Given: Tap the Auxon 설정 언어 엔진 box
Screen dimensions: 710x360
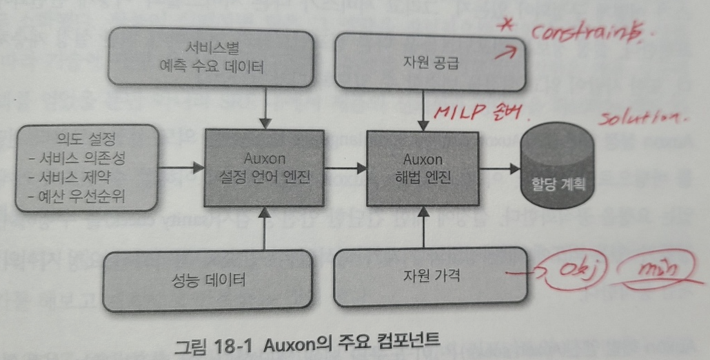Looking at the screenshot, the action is coord(264,168).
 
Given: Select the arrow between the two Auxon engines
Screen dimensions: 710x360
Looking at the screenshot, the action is coord(345,168).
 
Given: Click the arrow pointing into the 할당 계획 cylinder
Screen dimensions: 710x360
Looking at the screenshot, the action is coord(500,168).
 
